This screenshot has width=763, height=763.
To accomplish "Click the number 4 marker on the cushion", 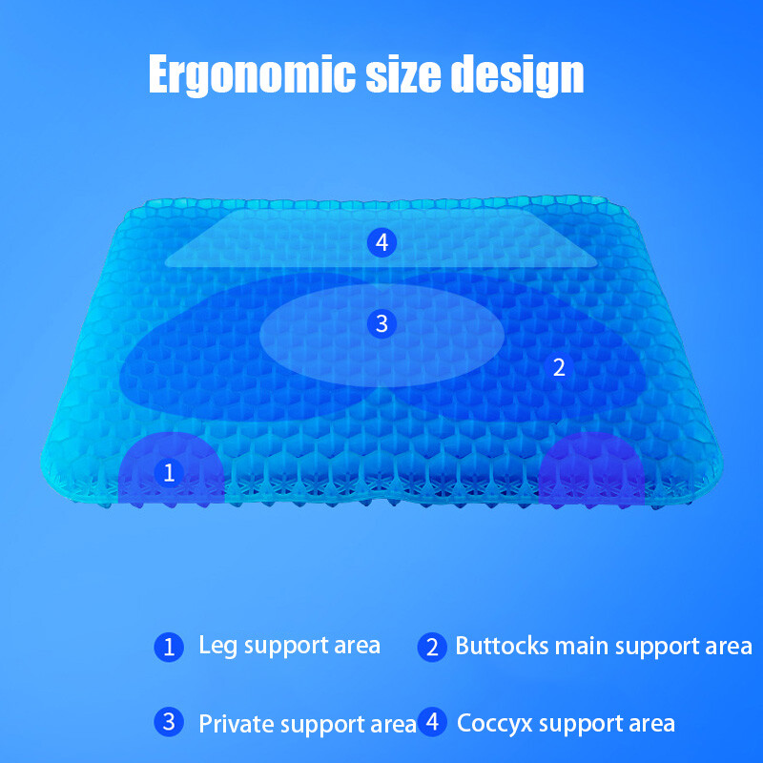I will pyautogui.click(x=381, y=243).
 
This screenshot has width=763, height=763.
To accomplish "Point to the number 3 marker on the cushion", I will pyautogui.click(x=381, y=324).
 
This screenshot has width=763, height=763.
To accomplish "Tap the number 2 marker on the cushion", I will pyautogui.click(x=559, y=367).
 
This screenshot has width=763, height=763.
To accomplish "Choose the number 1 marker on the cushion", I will pyautogui.click(x=169, y=471).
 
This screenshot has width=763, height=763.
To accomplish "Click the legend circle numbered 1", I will pyautogui.click(x=169, y=648).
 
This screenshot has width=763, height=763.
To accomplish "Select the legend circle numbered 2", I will pyautogui.click(x=432, y=648).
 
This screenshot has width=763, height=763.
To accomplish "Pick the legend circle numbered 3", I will pyautogui.click(x=169, y=722).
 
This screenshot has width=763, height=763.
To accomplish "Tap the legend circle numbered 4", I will pyautogui.click(x=432, y=722).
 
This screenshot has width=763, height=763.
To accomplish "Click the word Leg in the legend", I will pyautogui.click(x=217, y=647).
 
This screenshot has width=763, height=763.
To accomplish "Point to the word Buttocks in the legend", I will pyautogui.click(x=502, y=647).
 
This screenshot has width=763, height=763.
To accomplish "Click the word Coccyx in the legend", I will pyautogui.click(x=493, y=723).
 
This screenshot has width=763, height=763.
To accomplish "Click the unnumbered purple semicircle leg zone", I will pyautogui.click(x=585, y=472).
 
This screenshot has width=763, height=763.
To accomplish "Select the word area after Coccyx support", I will pyautogui.click(x=650, y=723).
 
